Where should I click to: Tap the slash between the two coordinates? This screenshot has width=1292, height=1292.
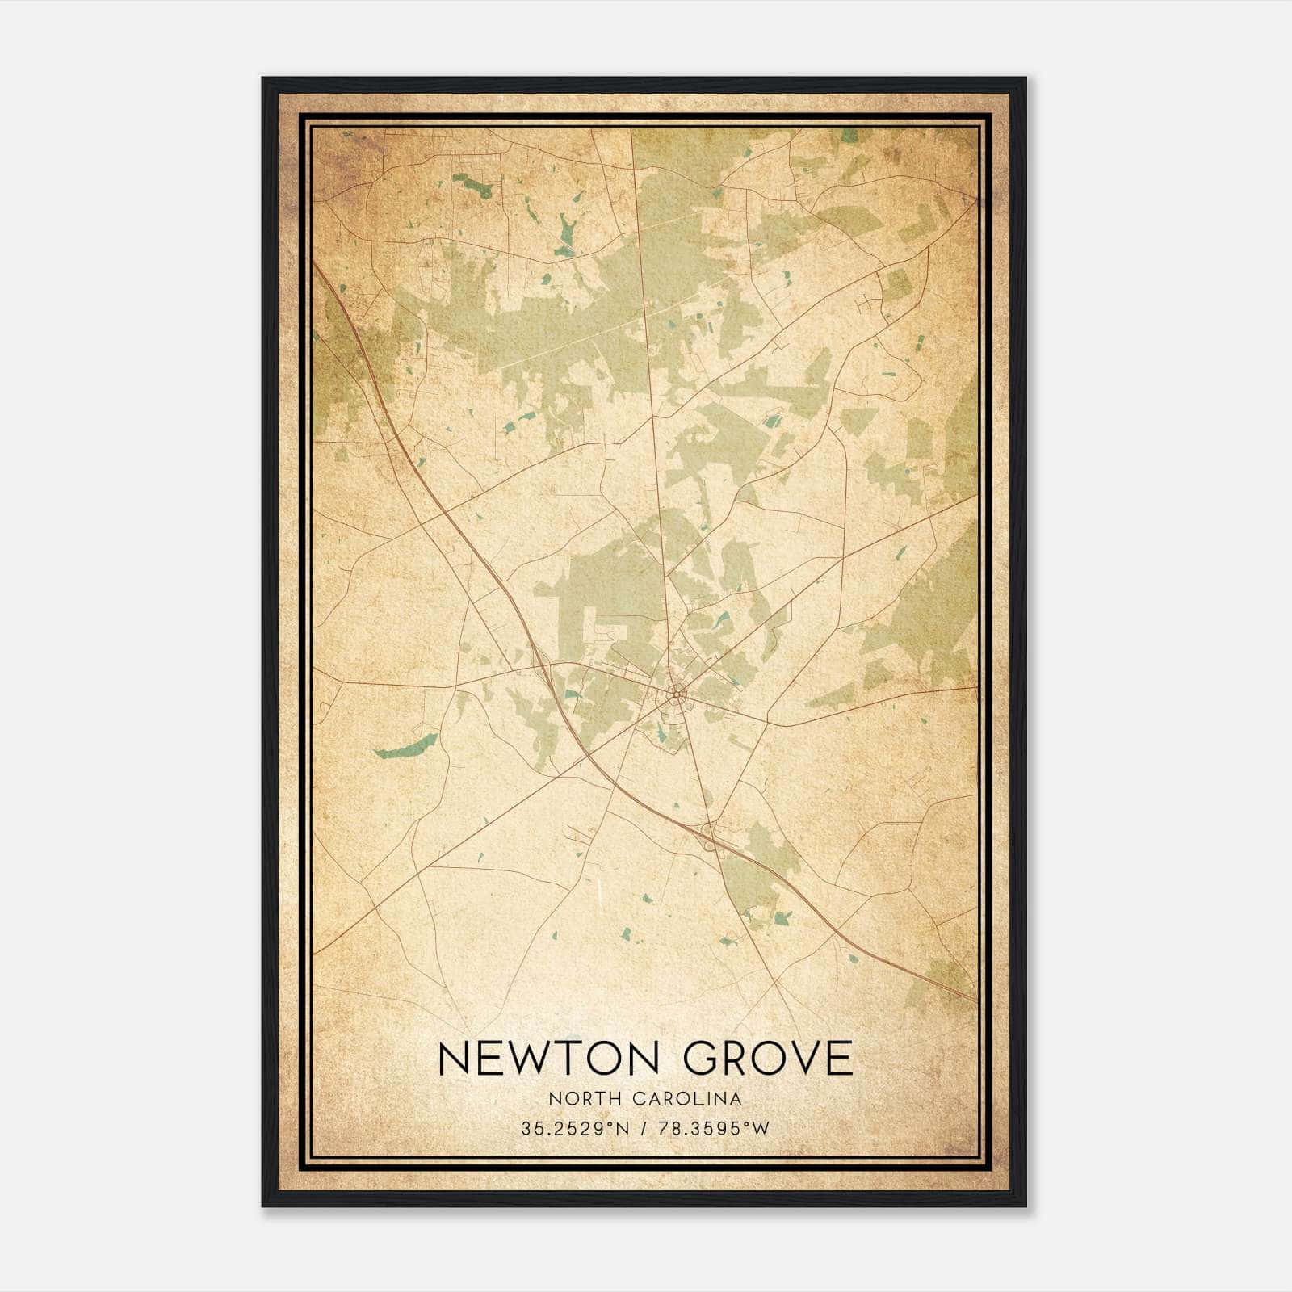pos(643,1128)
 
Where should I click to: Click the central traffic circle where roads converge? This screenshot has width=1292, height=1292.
pos(677,693)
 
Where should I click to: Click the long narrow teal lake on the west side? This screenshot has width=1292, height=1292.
pos(406,746)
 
